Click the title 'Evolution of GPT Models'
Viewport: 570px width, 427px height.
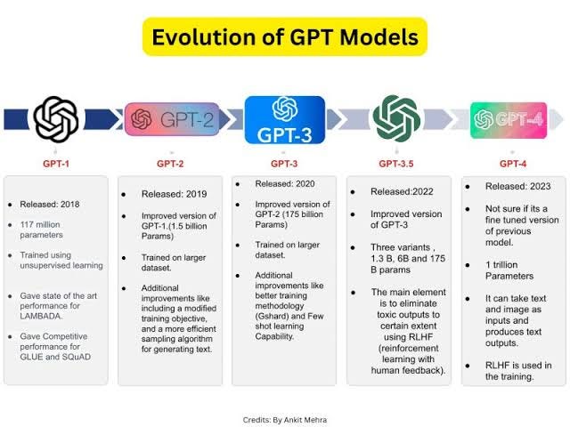[x=285, y=37]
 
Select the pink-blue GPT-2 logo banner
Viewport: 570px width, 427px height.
[x=172, y=118]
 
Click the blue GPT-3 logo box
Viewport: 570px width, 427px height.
[x=284, y=120]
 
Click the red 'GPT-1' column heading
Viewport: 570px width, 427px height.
[x=56, y=165]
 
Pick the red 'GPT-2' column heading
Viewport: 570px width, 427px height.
[x=172, y=165]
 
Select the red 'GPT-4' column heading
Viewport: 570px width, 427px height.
[x=513, y=165]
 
